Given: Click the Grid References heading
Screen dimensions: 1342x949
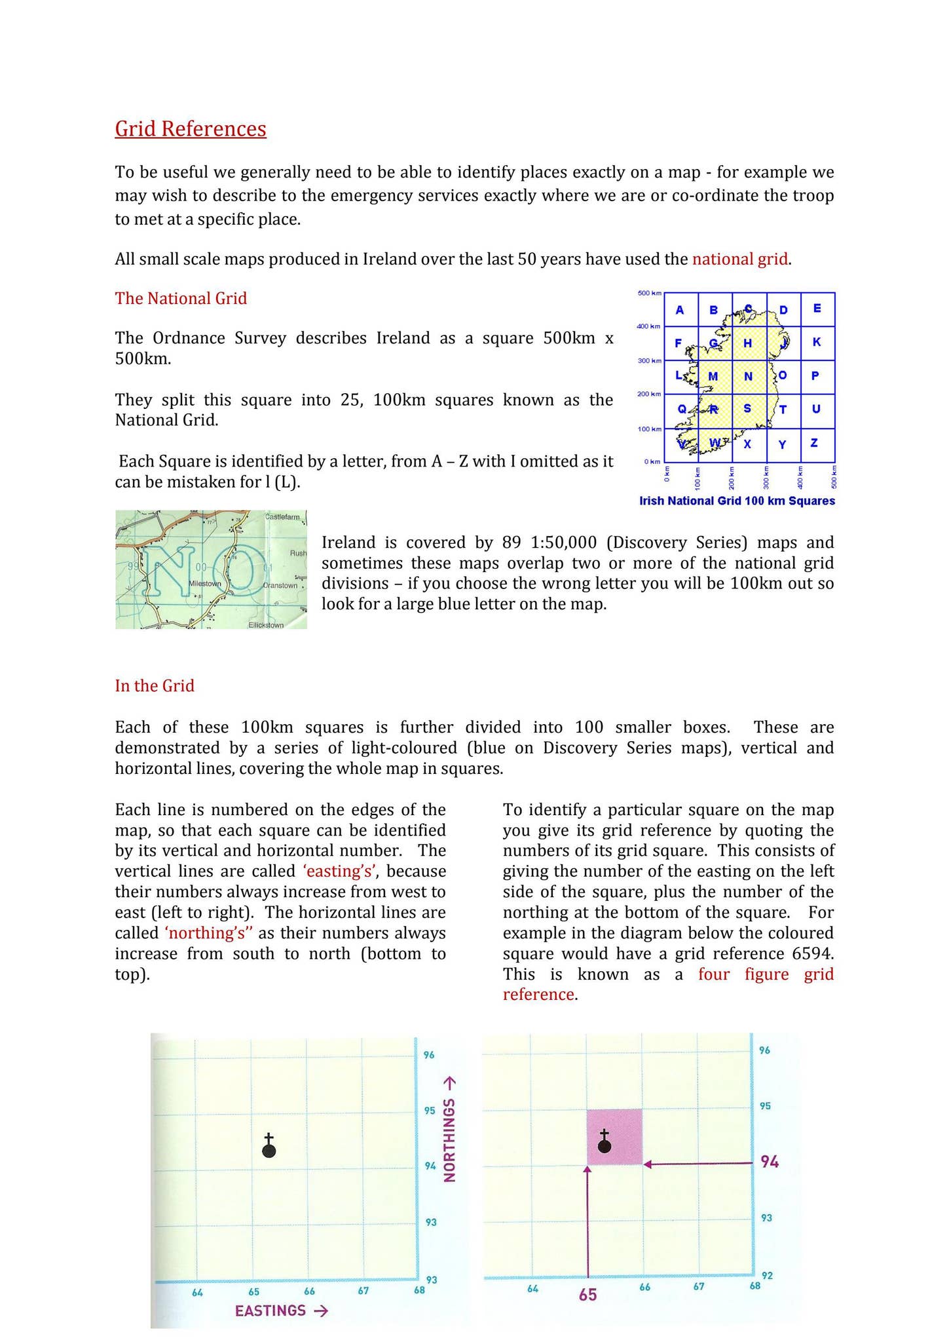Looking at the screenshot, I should tap(191, 128).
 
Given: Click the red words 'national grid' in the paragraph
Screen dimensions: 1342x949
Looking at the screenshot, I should tap(739, 259).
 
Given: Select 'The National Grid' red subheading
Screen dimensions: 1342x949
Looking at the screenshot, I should tap(181, 298).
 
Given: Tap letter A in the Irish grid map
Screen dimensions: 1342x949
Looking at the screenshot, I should tap(680, 310).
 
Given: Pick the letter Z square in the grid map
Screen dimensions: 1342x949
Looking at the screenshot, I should tap(814, 443).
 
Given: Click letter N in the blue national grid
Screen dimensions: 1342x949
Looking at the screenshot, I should tap(748, 376).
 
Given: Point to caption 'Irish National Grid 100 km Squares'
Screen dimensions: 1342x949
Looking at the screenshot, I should tap(737, 501).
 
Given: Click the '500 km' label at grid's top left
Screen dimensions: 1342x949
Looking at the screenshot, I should tap(649, 293).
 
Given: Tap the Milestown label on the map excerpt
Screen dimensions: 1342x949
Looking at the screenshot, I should tap(204, 583).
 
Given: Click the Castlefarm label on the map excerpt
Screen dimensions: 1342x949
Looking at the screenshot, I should tap(282, 518).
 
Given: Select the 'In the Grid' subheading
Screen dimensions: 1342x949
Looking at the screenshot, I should tap(155, 685).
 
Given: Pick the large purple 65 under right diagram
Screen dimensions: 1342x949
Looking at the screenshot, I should tap(587, 1295).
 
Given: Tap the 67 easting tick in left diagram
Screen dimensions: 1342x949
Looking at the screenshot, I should tap(363, 1290).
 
